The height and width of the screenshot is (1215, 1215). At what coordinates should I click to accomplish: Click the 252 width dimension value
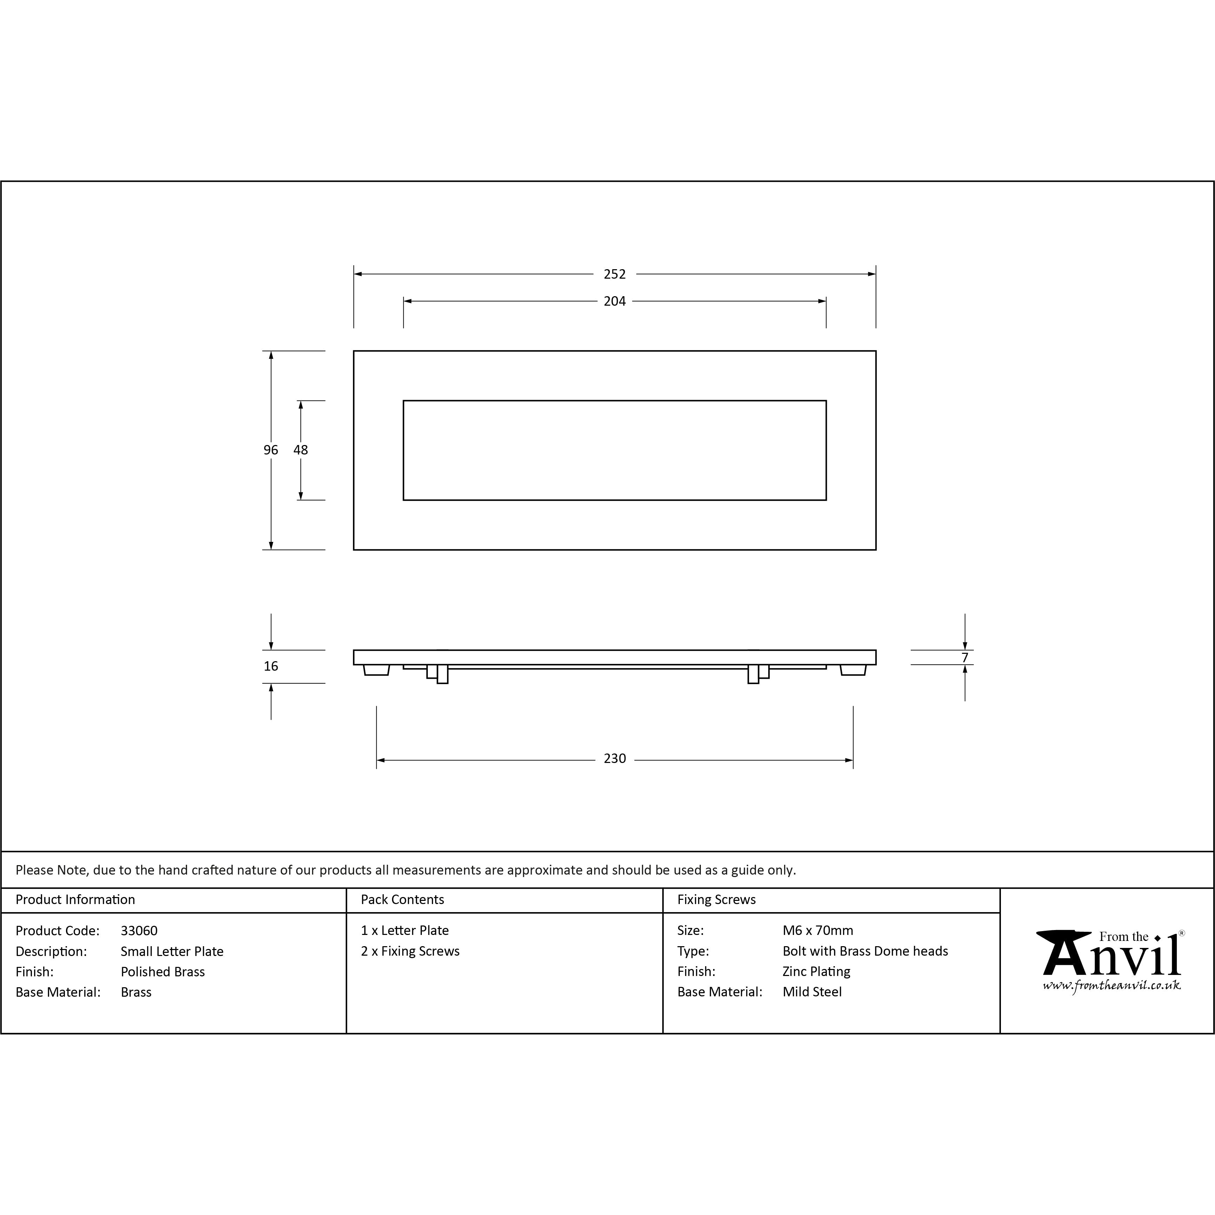(x=615, y=274)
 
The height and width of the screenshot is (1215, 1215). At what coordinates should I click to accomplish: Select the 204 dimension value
(x=615, y=301)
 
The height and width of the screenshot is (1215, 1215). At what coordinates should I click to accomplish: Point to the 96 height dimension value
(x=271, y=450)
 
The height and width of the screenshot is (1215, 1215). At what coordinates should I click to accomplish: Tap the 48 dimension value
(x=301, y=450)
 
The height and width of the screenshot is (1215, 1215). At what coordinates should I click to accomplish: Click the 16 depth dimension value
(x=271, y=666)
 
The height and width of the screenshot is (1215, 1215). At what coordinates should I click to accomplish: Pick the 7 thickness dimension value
(x=965, y=658)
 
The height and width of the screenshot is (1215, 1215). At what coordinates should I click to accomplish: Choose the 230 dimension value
(x=615, y=758)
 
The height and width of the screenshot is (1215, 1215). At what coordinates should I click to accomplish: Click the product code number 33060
(x=139, y=931)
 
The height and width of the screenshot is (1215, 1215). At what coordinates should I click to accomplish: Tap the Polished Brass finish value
(x=163, y=972)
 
